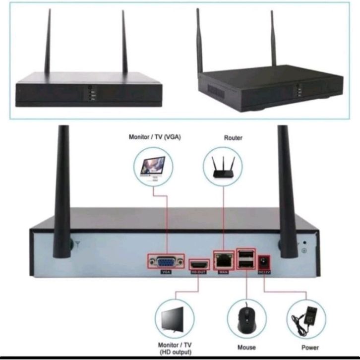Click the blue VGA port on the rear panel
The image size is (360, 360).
coord(166,261)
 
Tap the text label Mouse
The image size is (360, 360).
coord(246,348)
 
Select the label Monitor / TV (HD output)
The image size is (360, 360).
coord(175,348)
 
